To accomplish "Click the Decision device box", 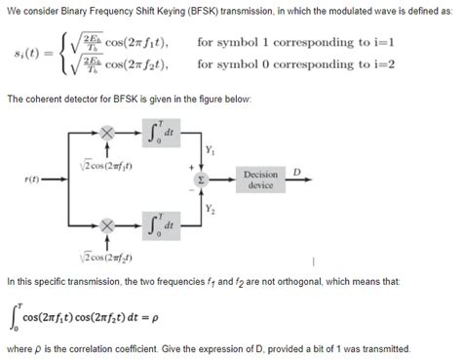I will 261,180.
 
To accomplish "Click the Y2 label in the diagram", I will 211,208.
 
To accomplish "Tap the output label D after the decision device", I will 297,172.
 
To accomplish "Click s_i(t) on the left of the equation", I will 33,53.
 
